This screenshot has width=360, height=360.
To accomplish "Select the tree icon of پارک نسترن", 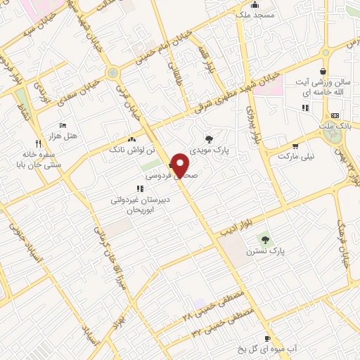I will (x=264, y=239).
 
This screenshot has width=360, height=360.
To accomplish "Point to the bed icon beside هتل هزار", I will (x=63, y=124).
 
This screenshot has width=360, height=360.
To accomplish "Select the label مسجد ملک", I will (x=252, y=14).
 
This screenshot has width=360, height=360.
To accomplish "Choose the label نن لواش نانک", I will (x=127, y=150).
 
